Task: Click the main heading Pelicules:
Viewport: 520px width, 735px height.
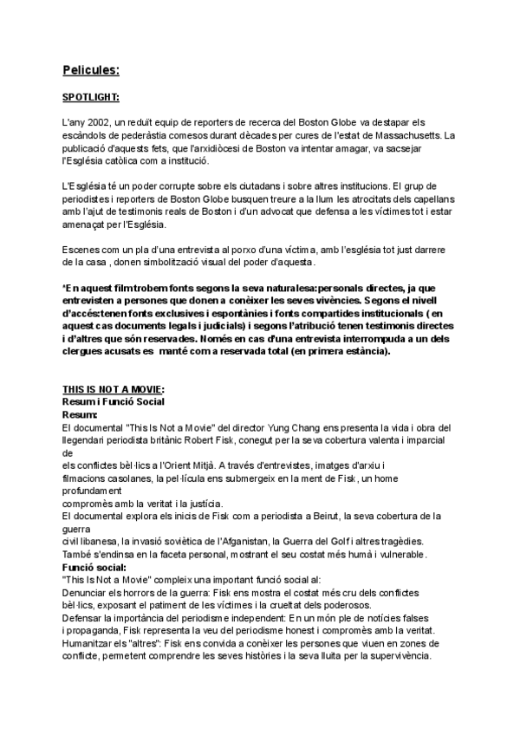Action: point(91,68)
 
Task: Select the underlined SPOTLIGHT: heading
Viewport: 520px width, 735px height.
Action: point(91,98)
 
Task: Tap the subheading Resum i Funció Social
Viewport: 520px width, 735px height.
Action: point(113,402)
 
